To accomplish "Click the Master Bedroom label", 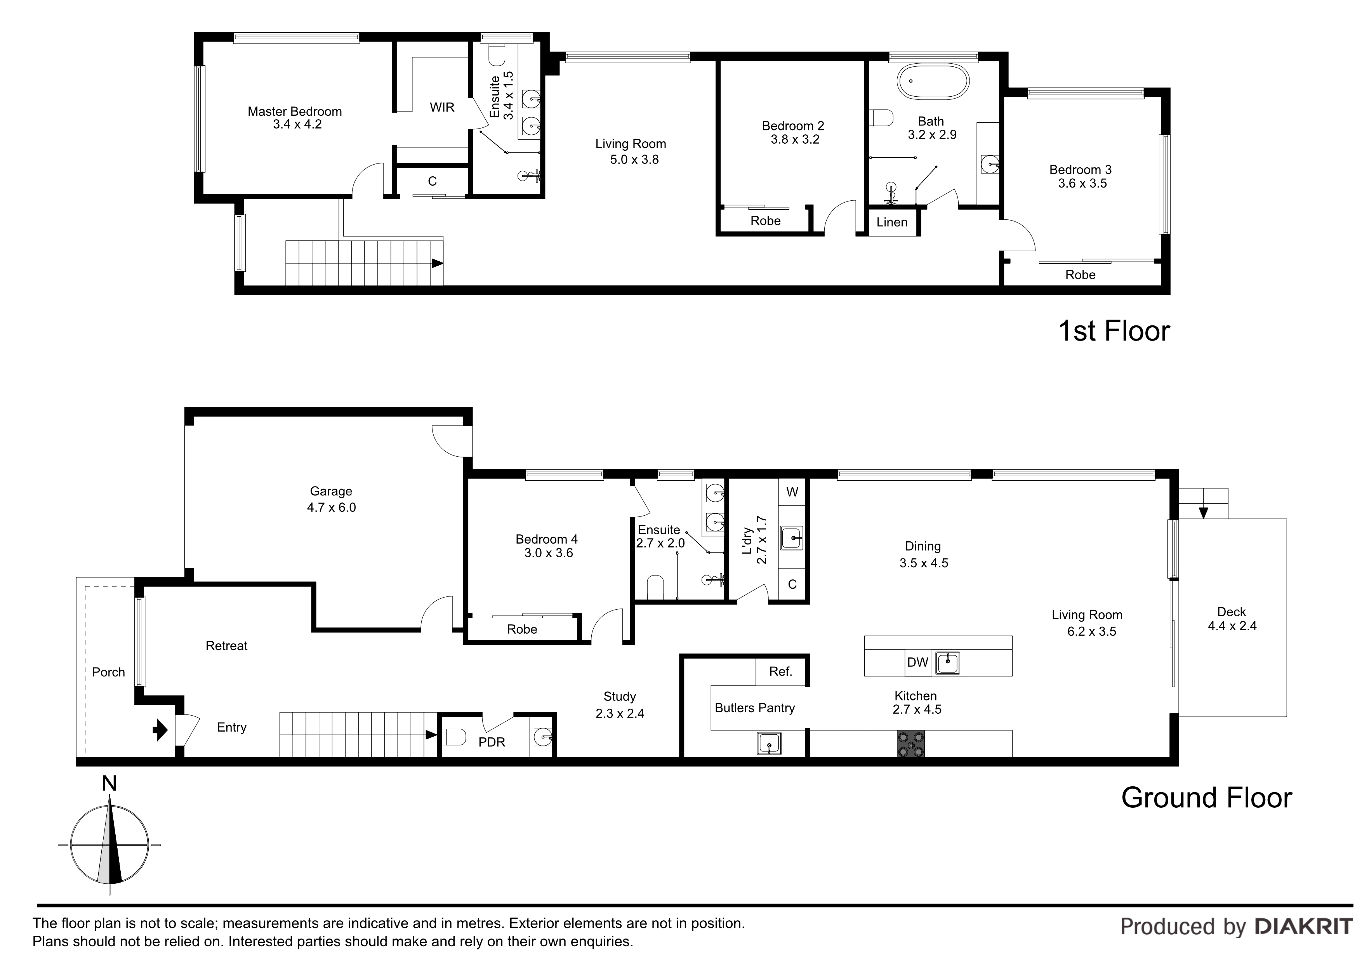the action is click(x=295, y=111).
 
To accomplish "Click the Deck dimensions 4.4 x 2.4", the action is click(x=1232, y=626).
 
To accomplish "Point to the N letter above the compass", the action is click(x=109, y=784).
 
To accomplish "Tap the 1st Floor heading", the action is click(x=1114, y=331).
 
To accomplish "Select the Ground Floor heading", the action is click(x=1207, y=798).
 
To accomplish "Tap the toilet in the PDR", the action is click(x=454, y=737).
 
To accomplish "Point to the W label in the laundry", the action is click(x=792, y=492).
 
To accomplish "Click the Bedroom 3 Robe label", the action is click(x=1080, y=275).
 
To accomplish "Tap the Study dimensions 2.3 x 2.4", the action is click(x=620, y=713).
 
